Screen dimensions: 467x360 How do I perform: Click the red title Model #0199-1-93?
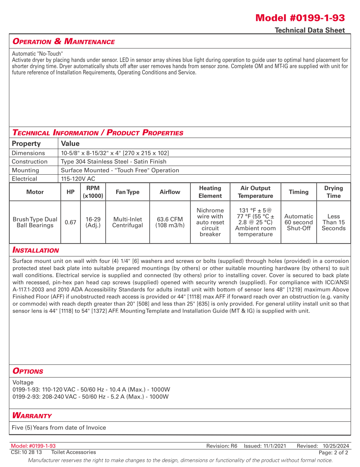[300, 18]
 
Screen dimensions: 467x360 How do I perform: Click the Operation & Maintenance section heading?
[63, 41]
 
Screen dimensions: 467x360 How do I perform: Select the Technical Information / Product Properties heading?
[98, 133]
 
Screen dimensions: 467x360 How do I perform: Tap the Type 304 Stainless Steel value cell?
[113, 161]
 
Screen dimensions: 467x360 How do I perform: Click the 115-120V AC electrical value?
[78, 179]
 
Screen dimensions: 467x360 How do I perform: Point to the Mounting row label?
[25, 170]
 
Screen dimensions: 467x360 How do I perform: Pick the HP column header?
[70, 192]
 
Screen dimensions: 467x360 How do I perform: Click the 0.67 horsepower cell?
[70, 222]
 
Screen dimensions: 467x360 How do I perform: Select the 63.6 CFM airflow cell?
[170, 222]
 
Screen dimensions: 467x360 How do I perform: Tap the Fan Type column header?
[127, 192]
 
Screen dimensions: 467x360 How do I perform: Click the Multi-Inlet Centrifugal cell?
[127, 222]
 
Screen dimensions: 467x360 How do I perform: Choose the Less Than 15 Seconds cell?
[333, 222]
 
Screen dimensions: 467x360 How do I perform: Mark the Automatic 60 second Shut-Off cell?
[298, 222]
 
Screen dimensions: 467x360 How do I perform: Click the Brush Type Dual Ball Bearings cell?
[35, 222]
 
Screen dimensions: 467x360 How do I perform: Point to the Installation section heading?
[36, 250]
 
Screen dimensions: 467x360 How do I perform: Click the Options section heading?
[28, 371]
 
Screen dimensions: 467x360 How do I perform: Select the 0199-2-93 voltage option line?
[91, 397]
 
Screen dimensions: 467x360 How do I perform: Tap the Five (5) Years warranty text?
[59, 428]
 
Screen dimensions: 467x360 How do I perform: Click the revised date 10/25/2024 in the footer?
[336, 446]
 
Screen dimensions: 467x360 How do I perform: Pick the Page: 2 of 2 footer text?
[333, 452]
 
